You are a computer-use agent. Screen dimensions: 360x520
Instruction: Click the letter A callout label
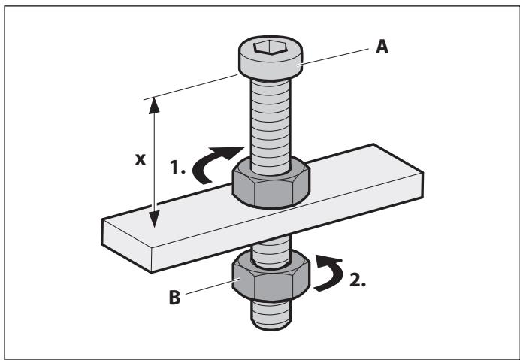point(382,46)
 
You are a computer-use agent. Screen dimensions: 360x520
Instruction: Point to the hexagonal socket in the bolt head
point(268,47)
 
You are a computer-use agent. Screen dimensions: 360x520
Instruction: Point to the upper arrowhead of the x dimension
point(156,105)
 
